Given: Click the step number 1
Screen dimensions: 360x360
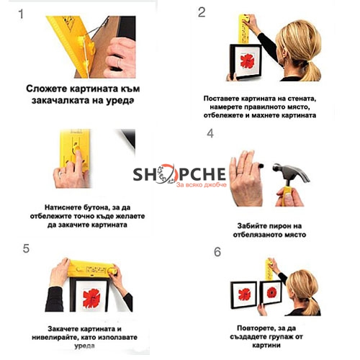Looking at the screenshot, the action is (21, 14).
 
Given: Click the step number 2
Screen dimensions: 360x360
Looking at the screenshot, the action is (202, 12).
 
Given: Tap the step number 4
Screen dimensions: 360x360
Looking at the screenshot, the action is (210, 133).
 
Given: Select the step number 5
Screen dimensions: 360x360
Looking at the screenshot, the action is (26, 248).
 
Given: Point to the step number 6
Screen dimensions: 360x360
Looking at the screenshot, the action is (217, 252).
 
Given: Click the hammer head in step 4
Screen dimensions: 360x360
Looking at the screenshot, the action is (291, 172).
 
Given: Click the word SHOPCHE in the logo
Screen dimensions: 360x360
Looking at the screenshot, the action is (179, 174).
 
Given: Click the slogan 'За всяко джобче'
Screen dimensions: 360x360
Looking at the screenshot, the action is (202, 184).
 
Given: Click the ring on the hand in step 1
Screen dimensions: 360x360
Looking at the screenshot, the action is (119, 63).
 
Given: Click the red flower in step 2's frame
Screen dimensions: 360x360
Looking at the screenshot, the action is (247, 61).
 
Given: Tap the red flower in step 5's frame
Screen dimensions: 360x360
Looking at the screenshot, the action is (91, 298).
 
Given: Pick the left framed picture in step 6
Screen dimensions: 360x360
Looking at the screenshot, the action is (244, 294).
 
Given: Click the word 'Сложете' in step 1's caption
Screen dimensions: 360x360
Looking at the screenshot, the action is (47, 89).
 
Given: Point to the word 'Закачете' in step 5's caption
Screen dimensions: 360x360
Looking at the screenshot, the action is (63, 328).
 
